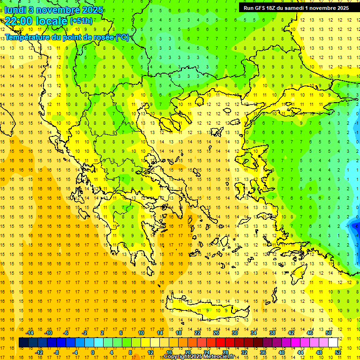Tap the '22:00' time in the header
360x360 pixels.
tap(18, 21)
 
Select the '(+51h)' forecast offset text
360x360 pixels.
tap(81, 21)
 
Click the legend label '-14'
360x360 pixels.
tap(30, 333)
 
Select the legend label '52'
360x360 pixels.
tap(338, 352)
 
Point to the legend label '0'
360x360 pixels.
tap(93, 352)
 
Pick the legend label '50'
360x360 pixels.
tap(329, 333)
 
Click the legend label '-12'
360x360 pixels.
tap(39, 352)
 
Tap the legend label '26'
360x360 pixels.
tap(216, 333)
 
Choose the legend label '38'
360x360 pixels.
tap(272, 333)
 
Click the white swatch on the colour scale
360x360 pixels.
tap(333, 343)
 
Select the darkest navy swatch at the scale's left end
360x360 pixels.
tap(23, 343)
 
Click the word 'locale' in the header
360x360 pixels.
tap(52, 21)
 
